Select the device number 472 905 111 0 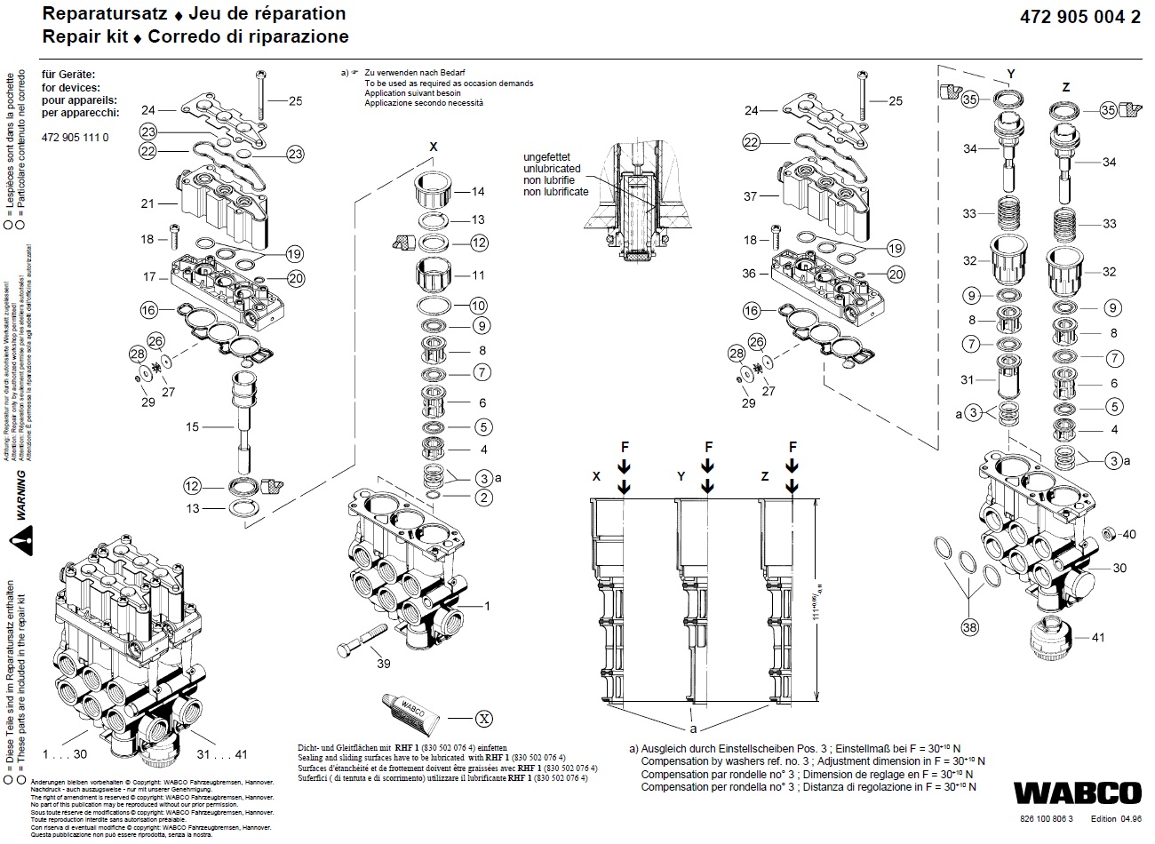pyautogui.click(x=76, y=138)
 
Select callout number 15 pyautogui.click(x=192, y=427)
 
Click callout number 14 pyautogui.click(x=478, y=192)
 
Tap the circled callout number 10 pyautogui.click(x=479, y=306)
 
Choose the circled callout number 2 pyautogui.click(x=483, y=498)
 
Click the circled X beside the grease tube pyautogui.click(x=483, y=717)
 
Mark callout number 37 pyautogui.click(x=751, y=197)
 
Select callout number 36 pyautogui.click(x=750, y=274)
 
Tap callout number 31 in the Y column pyautogui.click(x=968, y=380)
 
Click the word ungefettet pyautogui.click(x=552, y=157)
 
